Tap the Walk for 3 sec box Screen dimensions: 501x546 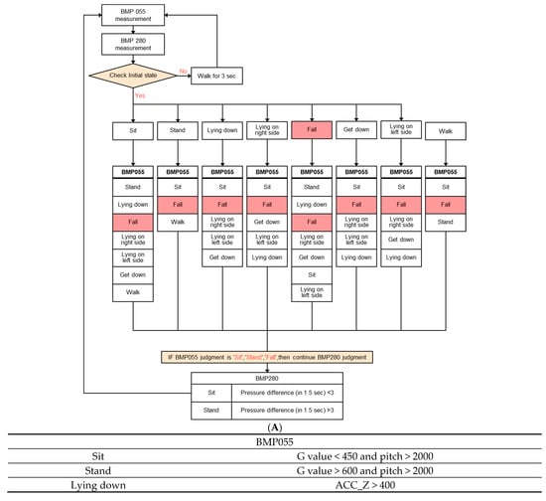[216, 75]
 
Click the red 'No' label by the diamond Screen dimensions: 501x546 [184, 71]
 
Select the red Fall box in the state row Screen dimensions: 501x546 [312, 129]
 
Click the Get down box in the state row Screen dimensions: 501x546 [355, 129]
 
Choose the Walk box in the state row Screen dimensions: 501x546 [445, 131]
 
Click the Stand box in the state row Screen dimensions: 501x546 [178, 129]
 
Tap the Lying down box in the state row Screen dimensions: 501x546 [222, 129]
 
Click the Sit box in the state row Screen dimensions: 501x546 [133, 129]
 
